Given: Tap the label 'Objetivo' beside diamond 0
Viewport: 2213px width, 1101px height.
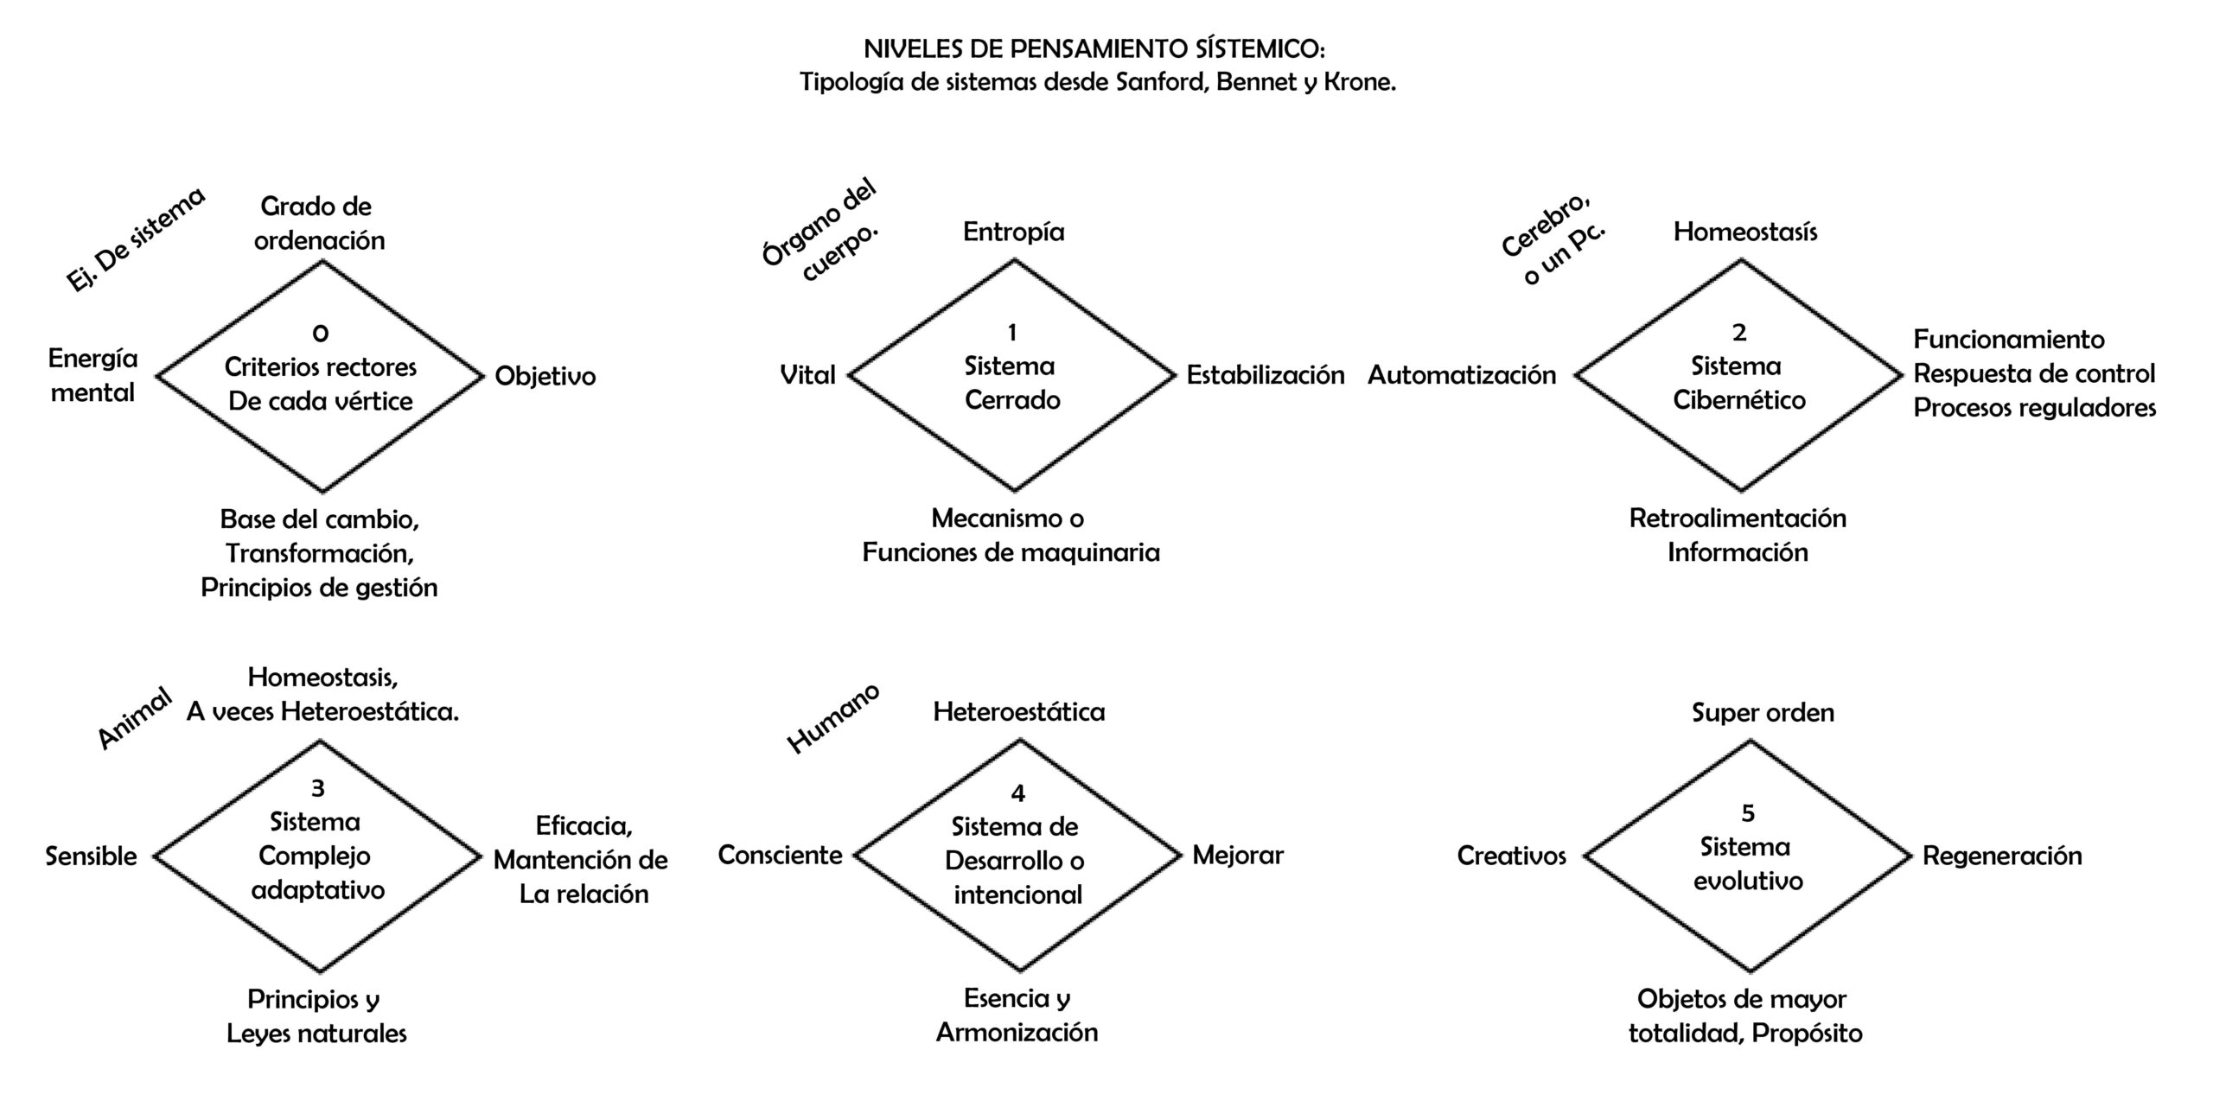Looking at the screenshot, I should pyautogui.click(x=545, y=376).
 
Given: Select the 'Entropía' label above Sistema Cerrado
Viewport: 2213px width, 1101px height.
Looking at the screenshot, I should pyautogui.click(x=1013, y=232).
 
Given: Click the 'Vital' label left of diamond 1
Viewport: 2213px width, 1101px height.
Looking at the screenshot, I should pyautogui.click(x=807, y=375).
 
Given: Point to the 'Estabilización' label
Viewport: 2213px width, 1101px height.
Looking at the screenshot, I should pyautogui.click(x=1265, y=375).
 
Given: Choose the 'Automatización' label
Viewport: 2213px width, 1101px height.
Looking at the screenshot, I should pyautogui.click(x=1461, y=375).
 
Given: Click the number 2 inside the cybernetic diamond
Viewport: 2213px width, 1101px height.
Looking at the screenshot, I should pyautogui.click(x=1739, y=332).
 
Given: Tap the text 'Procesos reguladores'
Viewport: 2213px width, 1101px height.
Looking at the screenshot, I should pyautogui.click(x=2034, y=408).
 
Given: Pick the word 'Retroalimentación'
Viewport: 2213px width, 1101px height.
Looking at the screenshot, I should pyautogui.click(x=1738, y=519).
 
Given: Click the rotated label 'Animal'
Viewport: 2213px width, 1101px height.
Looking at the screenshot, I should pyautogui.click(x=134, y=718).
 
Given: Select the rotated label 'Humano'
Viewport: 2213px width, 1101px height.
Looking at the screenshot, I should pyautogui.click(x=832, y=718).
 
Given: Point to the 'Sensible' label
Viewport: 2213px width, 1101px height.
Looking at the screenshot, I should pyautogui.click(x=91, y=856).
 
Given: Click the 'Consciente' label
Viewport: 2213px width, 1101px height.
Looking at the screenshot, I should pyautogui.click(x=780, y=856).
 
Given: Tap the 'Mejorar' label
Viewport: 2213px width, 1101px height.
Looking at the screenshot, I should pyautogui.click(x=1238, y=856).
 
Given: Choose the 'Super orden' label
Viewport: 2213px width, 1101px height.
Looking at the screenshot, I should pyautogui.click(x=1763, y=713).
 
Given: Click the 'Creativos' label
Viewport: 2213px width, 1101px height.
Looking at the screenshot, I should pyautogui.click(x=1511, y=856).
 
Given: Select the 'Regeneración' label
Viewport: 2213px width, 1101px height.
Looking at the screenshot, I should pyautogui.click(x=2002, y=856).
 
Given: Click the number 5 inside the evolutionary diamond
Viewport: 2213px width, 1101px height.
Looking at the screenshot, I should pyautogui.click(x=1748, y=813).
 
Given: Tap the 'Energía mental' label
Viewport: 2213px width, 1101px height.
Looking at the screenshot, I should pyautogui.click(x=92, y=376).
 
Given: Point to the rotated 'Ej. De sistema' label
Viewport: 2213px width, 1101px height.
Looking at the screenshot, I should pyautogui.click(x=136, y=239).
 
